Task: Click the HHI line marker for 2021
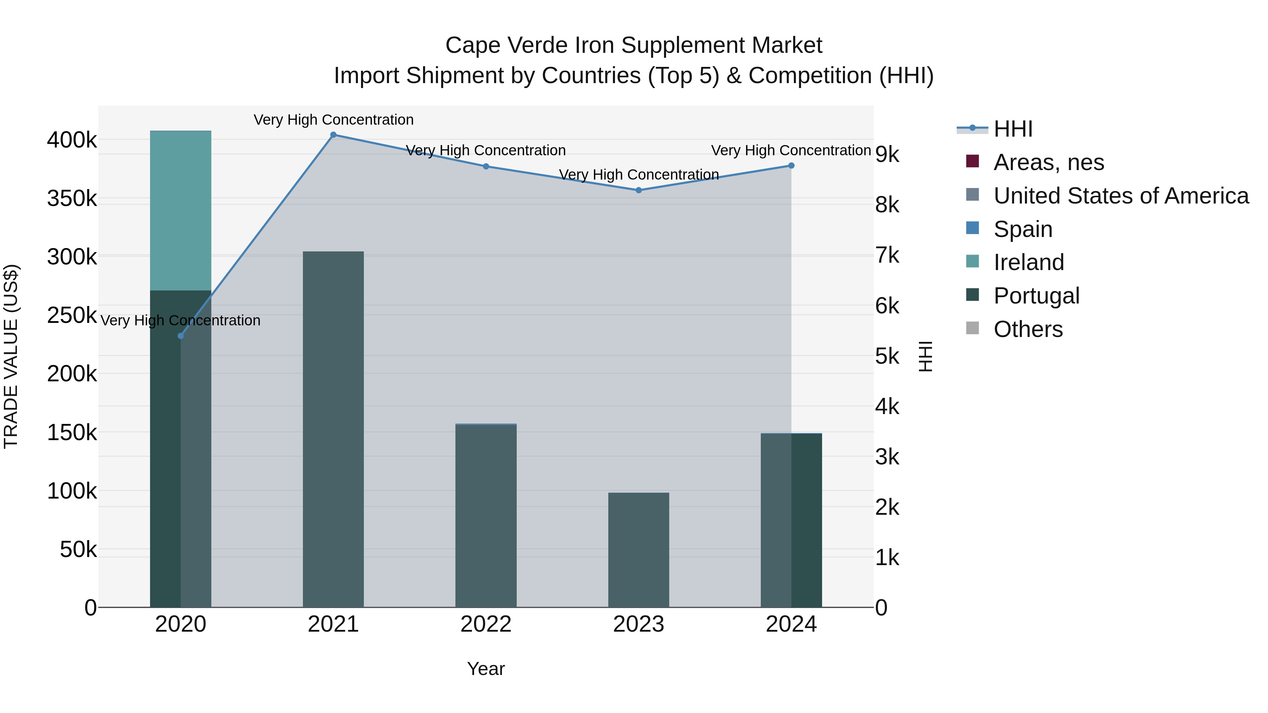[333, 135]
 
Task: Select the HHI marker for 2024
[791, 166]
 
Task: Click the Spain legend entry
[1023, 229]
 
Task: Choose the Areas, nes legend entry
[1049, 162]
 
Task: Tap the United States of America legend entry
[1121, 196]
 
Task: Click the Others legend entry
[1028, 329]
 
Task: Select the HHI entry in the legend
[1013, 129]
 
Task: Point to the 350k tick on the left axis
[72, 199]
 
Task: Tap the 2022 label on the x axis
[486, 624]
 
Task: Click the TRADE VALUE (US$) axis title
[11, 356]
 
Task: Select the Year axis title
[486, 669]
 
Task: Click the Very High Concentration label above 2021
[333, 120]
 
